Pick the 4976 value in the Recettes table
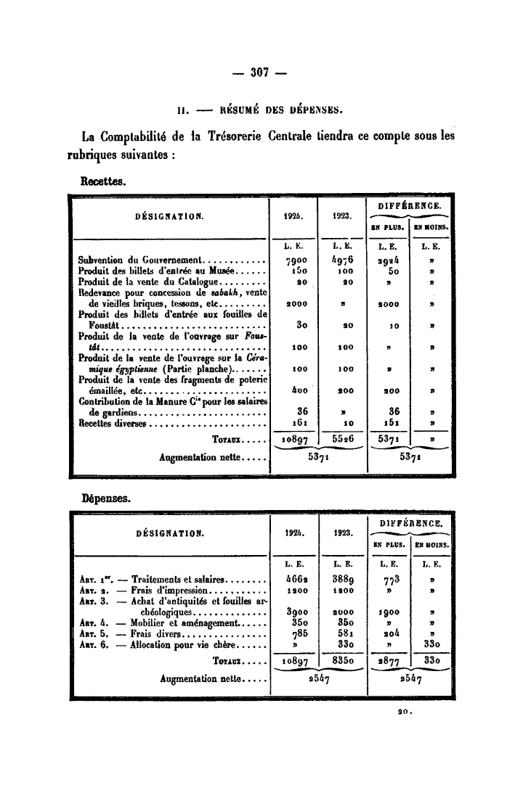click(342, 260)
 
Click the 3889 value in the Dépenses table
click(342, 580)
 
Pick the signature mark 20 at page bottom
click(405, 712)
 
